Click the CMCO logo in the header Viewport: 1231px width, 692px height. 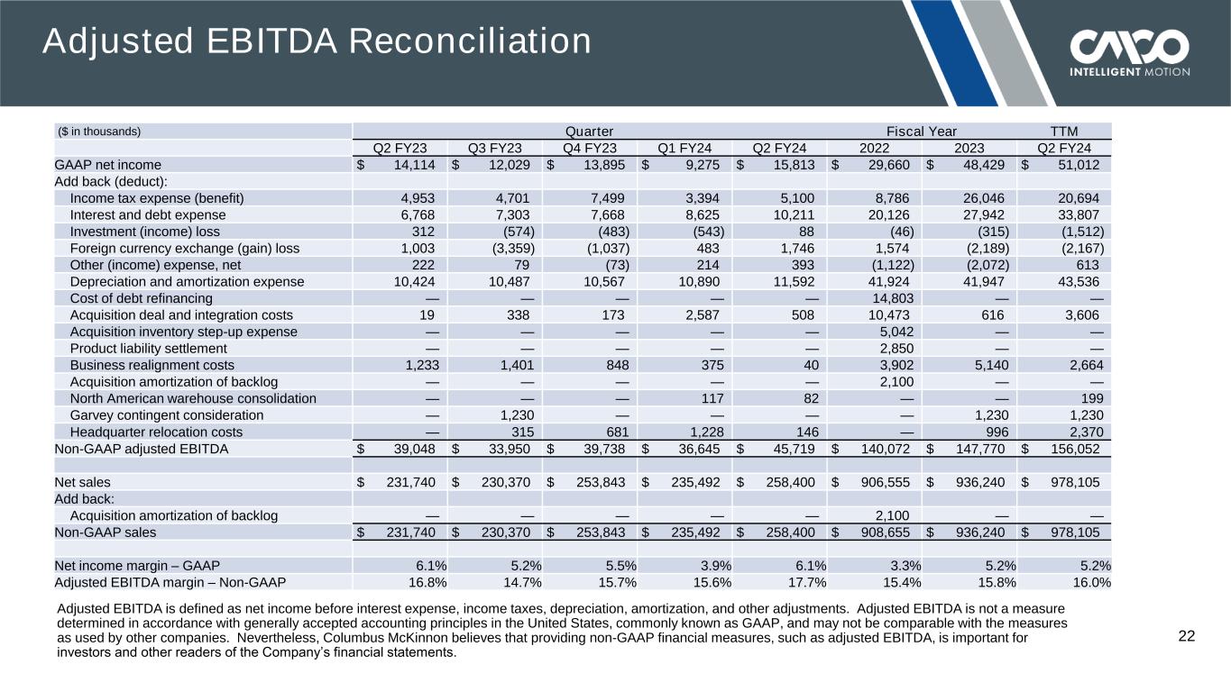point(1129,51)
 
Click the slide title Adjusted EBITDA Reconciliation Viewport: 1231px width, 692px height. point(317,41)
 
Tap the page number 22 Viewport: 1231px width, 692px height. point(1187,637)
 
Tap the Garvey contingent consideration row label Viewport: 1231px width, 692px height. point(167,415)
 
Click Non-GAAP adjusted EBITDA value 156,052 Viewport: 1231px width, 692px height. point(1069,449)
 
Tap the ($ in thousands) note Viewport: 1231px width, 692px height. point(99,132)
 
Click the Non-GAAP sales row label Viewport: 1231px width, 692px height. point(105,532)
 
